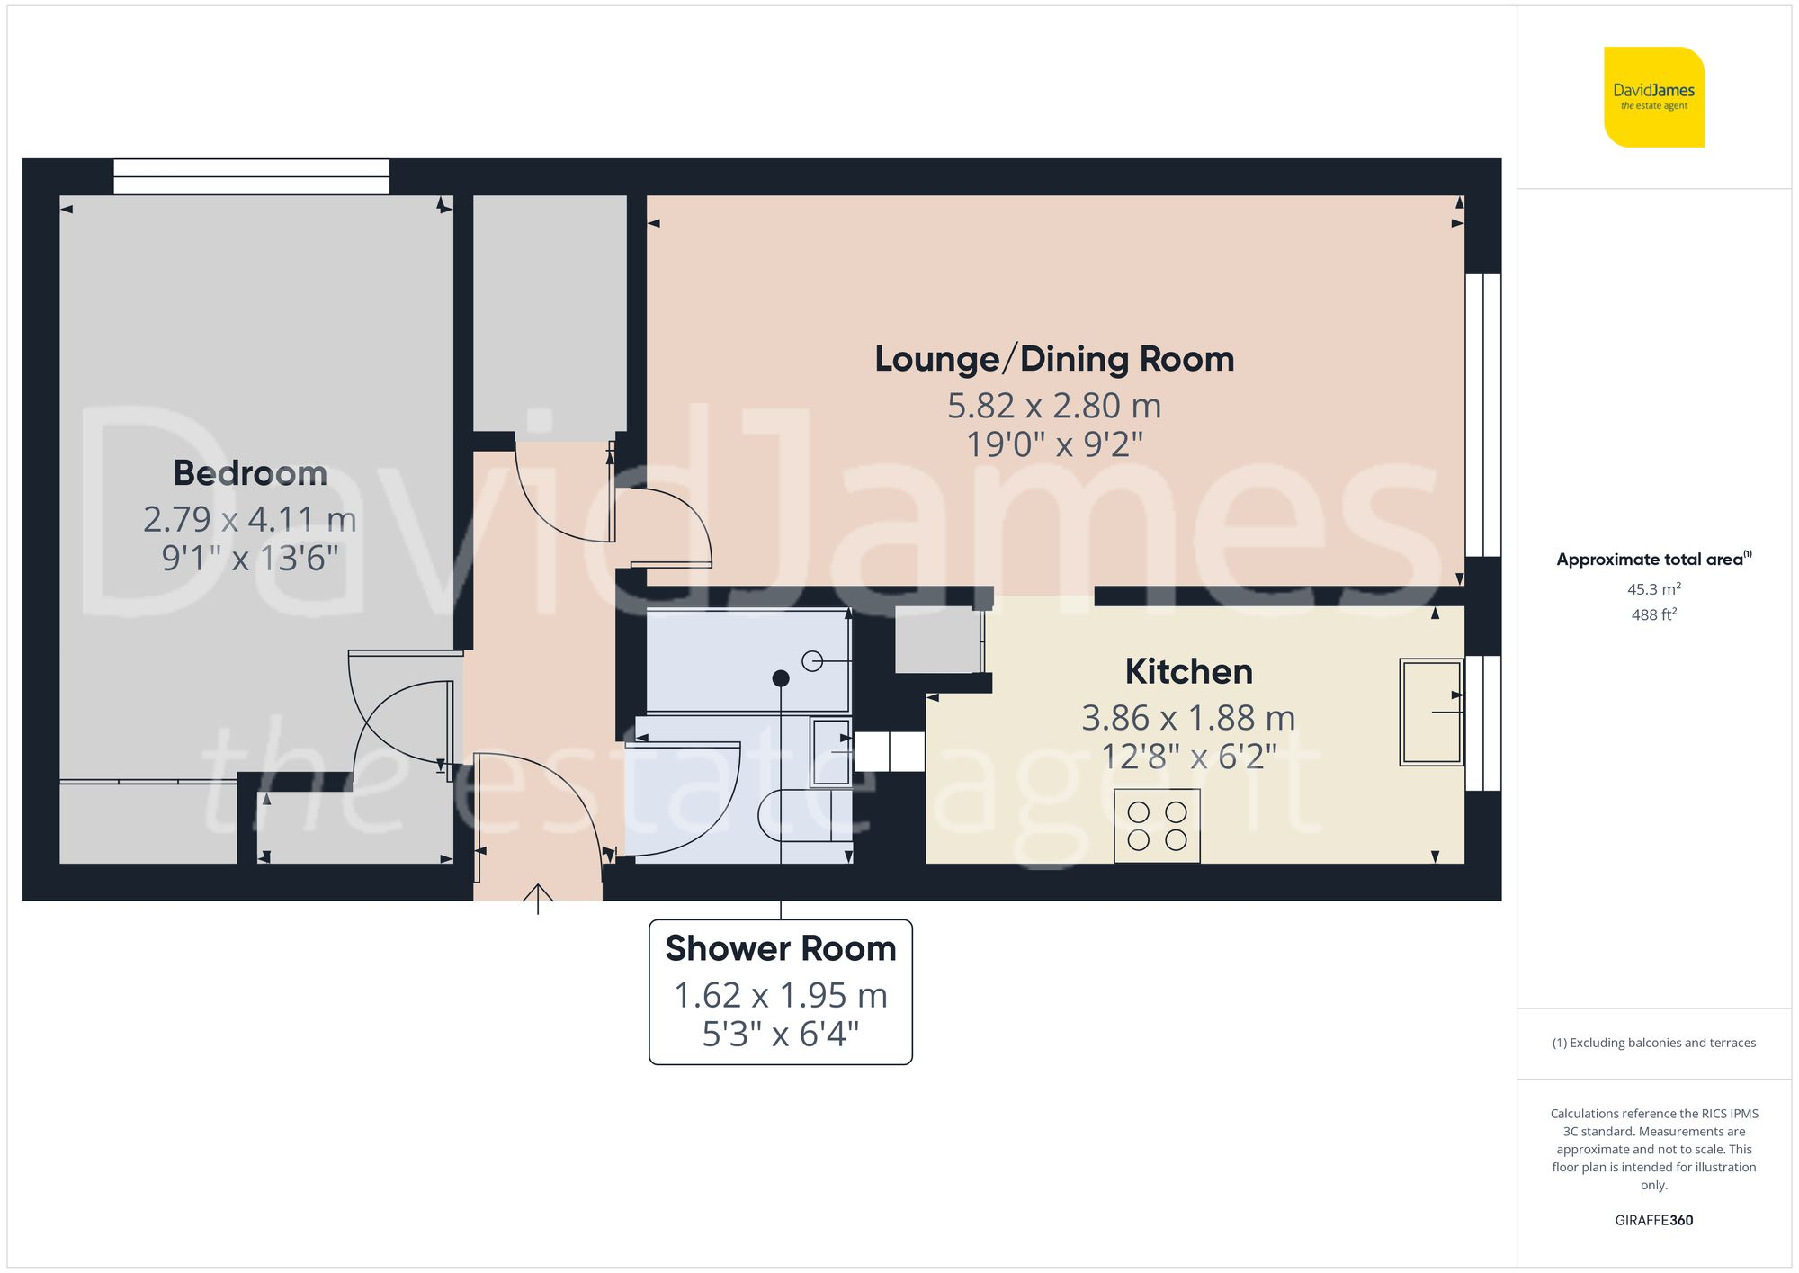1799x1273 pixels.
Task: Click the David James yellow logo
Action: (x=1653, y=97)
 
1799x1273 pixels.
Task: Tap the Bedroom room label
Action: (x=250, y=473)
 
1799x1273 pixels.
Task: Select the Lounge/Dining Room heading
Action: (x=1054, y=359)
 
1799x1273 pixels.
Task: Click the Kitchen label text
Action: (x=1188, y=672)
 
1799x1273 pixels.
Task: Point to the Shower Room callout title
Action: (x=781, y=949)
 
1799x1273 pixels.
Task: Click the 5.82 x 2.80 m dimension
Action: (x=1054, y=406)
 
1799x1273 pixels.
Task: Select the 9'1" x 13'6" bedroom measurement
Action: (x=250, y=558)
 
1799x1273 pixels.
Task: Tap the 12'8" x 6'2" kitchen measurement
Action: (x=1188, y=757)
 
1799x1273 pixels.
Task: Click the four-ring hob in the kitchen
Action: (x=1157, y=826)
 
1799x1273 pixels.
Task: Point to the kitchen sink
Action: (x=1430, y=713)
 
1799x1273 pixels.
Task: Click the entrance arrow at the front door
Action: (x=538, y=898)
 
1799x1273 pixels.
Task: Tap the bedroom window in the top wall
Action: (x=251, y=176)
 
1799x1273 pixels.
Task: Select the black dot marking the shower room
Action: (x=781, y=678)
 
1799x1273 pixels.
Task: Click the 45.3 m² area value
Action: (x=1653, y=589)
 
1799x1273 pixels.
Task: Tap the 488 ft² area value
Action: (x=1653, y=614)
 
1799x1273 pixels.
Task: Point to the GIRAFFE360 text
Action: (x=1653, y=1220)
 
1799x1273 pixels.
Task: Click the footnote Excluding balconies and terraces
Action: (x=1653, y=1043)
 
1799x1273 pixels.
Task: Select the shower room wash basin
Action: (x=831, y=751)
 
